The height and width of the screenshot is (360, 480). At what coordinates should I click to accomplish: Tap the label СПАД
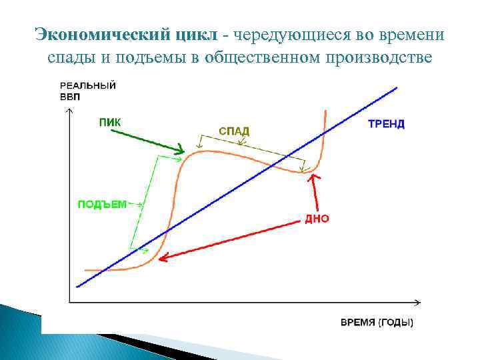pyautogui.click(x=234, y=131)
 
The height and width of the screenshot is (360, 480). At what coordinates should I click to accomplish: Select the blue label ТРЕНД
pyautogui.click(x=386, y=124)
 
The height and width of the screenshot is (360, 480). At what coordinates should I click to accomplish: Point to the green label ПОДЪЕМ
pyautogui.click(x=101, y=205)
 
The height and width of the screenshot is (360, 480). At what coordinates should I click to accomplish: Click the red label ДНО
pyautogui.click(x=317, y=219)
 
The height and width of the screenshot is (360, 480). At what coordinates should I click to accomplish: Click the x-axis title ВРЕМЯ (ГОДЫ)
pyautogui.click(x=377, y=323)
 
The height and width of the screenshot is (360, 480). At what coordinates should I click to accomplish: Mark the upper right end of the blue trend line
pyautogui.click(x=397, y=87)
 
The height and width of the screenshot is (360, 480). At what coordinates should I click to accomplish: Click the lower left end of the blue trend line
pyautogui.click(x=77, y=287)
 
